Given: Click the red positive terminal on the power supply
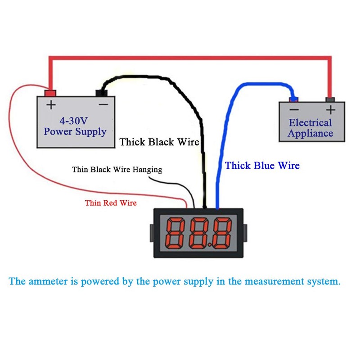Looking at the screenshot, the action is point(50,93).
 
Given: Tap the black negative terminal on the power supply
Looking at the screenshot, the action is point(102,93).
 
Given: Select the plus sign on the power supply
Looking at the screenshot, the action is point(51,105).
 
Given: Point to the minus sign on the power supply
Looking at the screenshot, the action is point(103,105).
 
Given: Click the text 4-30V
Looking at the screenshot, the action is point(74,121).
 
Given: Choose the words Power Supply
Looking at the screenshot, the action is point(75,132).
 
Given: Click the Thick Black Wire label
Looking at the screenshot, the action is point(159,142).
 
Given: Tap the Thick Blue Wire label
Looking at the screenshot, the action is point(262,166).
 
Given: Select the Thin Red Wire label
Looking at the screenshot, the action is point(111,203).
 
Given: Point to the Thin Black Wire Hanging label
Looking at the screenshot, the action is point(117,170).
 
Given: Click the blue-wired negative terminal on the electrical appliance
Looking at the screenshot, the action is point(294,99).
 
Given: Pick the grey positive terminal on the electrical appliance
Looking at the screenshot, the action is point(330,99).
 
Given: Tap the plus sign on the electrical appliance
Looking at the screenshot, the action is point(331,110).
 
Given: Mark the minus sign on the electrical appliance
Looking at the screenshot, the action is point(294,109).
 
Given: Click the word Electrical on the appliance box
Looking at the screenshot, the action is point(310,123).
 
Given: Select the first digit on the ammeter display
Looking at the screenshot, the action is point(175,233).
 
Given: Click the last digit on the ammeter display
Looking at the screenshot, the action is point(222,233).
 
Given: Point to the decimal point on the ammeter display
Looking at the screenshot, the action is point(210,245).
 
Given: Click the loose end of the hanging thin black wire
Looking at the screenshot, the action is point(149,177).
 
